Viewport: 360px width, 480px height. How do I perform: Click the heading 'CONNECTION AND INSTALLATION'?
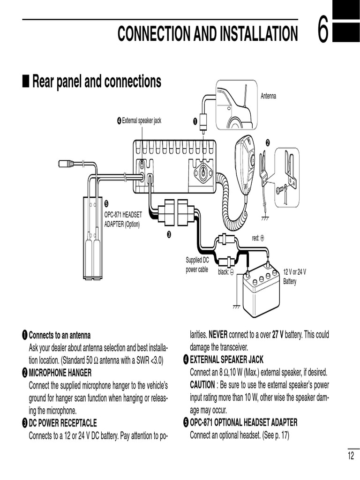[207, 34]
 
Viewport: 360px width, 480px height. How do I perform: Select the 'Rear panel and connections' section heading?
[97, 82]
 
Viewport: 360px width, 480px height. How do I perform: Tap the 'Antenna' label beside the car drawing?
[268, 96]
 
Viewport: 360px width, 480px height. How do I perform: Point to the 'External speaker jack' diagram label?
[141, 121]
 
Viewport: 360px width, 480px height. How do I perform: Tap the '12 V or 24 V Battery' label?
[294, 277]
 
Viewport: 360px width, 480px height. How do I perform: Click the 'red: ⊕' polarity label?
[258, 238]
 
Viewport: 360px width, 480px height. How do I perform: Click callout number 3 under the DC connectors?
[169, 234]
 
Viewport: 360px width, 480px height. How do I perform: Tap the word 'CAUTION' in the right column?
[202, 385]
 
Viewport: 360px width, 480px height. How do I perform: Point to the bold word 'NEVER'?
[217, 335]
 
